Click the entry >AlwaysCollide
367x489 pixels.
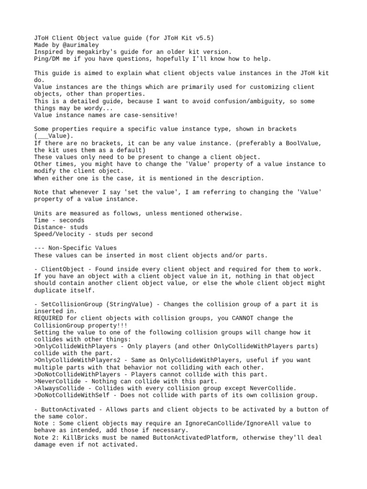tap(59, 388)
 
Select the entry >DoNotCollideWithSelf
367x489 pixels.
tap(71, 395)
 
